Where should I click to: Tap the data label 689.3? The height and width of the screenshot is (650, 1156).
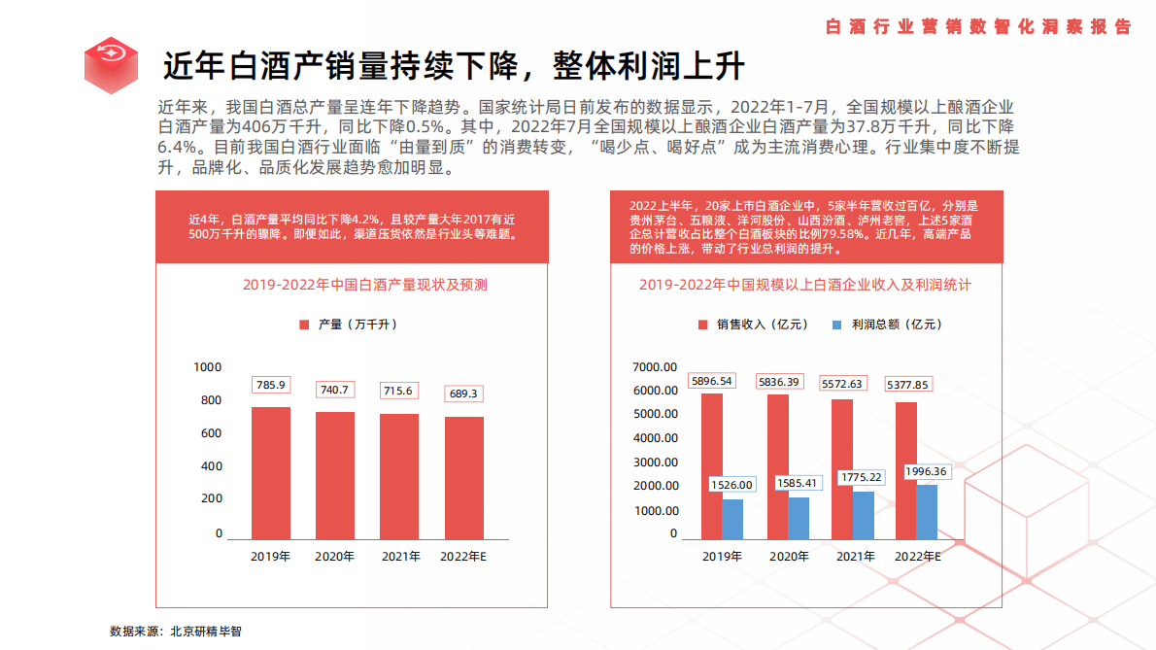[464, 393]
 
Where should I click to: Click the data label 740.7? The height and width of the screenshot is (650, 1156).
[334, 389]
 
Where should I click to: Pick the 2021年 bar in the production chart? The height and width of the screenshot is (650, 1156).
[399, 476]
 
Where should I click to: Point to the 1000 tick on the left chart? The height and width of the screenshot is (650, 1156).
[208, 367]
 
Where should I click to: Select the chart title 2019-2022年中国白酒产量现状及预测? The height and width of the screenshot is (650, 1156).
[365, 285]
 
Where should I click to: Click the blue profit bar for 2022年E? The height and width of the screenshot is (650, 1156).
[927, 512]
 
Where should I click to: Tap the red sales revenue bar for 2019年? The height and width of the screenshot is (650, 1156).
[711, 466]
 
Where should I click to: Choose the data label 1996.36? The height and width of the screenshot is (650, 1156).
[926, 471]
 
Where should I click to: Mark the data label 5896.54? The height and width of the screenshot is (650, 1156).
[712, 381]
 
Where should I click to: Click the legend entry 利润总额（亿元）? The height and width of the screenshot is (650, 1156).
[887, 325]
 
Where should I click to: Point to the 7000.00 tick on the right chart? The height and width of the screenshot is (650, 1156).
[654, 367]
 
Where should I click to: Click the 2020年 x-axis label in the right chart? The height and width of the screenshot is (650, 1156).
[789, 557]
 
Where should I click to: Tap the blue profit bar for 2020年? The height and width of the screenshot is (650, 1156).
[798, 518]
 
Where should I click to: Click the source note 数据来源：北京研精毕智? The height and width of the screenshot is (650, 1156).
[176, 631]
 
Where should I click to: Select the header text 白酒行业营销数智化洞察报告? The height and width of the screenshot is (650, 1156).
[977, 27]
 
